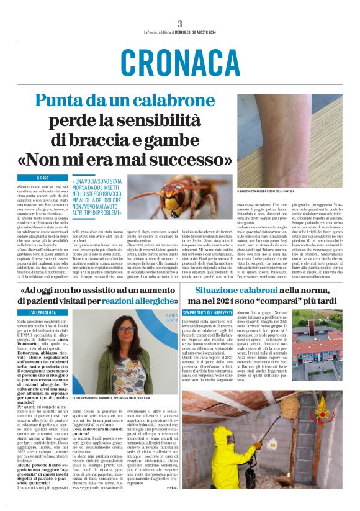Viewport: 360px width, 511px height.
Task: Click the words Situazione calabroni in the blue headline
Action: [x=229, y=290]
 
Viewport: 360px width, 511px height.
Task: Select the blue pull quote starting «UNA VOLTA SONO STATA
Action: [x=98, y=197]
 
